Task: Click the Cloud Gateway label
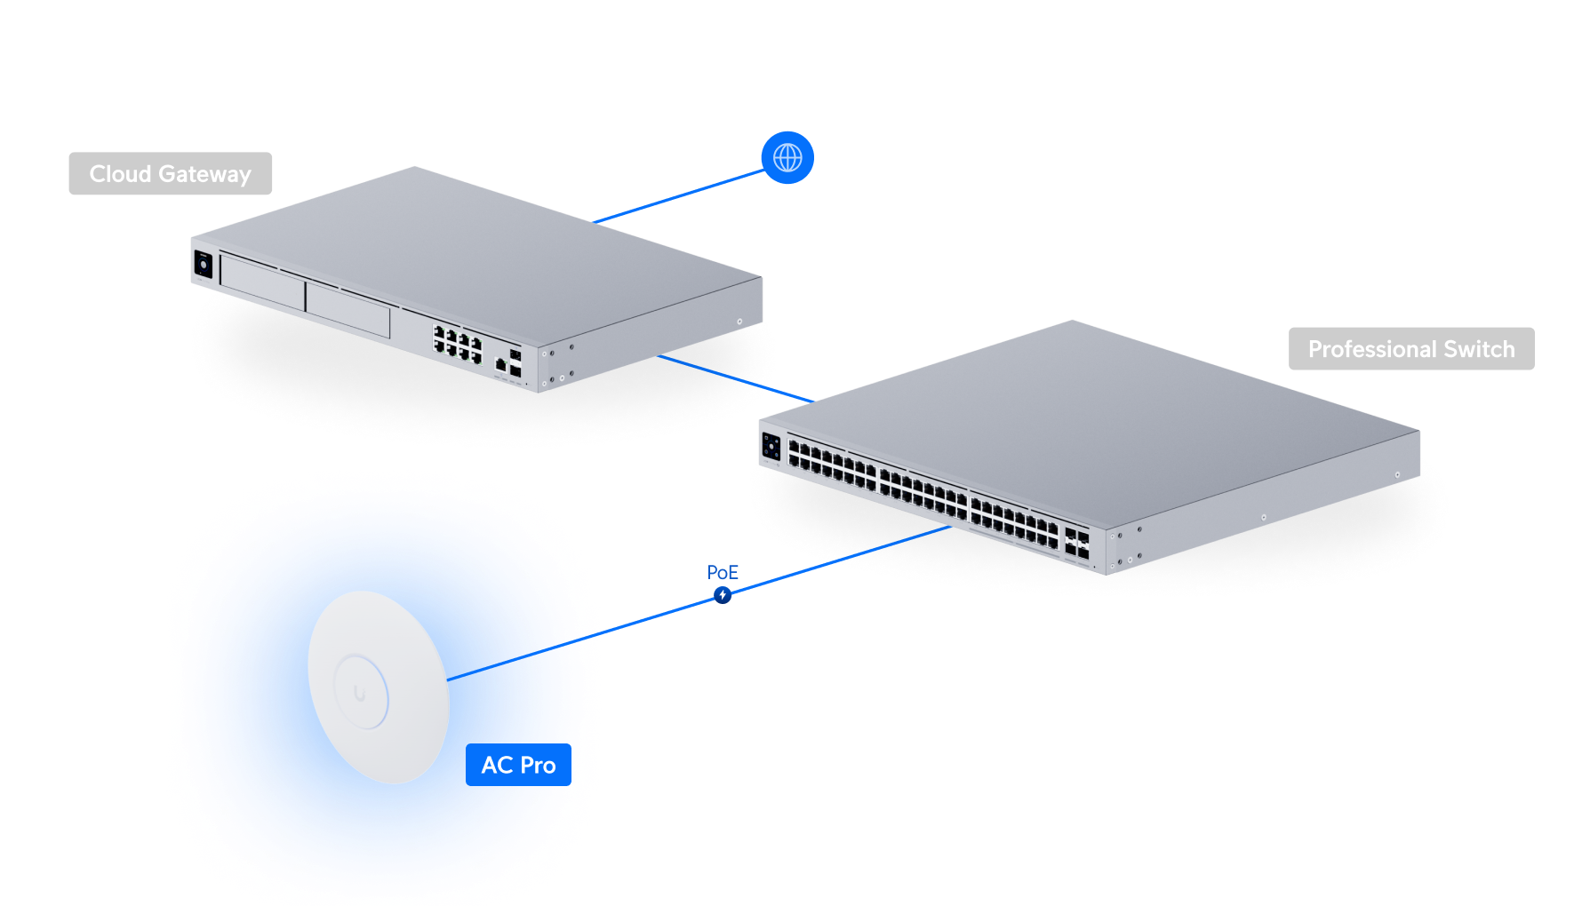click(170, 174)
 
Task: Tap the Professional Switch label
click(1410, 349)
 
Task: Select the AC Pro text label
click(518, 766)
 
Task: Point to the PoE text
click(723, 573)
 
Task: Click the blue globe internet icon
click(787, 158)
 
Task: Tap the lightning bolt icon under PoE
click(723, 594)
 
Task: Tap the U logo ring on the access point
click(360, 692)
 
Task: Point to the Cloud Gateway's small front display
click(203, 265)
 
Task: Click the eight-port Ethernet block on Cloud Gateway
click(457, 344)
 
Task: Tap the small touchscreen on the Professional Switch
click(771, 446)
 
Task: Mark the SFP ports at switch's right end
click(1076, 543)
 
